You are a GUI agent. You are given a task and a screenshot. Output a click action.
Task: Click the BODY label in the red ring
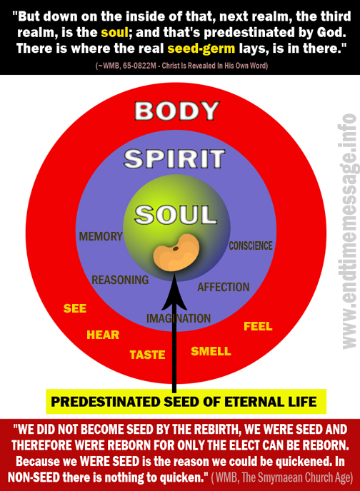click(x=177, y=111)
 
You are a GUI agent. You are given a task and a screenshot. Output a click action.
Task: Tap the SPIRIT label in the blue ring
click(x=174, y=158)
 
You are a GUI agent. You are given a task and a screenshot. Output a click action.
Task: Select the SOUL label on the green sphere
click(x=176, y=215)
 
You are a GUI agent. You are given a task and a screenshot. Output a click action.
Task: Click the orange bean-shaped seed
click(x=176, y=253)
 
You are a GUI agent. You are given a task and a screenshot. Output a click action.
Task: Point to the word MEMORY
click(x=101, y=236)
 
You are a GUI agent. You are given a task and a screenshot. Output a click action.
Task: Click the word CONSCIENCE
click(x=251, y=246)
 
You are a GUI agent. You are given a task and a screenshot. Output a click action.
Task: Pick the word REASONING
click(x=120, y=280)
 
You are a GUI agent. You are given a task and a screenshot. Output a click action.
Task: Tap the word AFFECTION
click(x=224, y=287)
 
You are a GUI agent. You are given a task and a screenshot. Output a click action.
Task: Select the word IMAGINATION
click(x=179, y=318)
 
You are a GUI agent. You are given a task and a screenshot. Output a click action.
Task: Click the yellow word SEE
click(x=75, y=308)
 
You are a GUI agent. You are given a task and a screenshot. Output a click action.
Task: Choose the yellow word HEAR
click(x=103, y=335)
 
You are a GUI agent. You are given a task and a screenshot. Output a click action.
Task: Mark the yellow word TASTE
click(x=147, y=355)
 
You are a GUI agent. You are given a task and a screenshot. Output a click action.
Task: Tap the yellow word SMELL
click(x=211, y=351)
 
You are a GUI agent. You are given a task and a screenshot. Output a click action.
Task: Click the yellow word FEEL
click(x=258, y=326)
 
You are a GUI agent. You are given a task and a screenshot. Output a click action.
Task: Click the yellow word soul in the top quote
click(x=115, y=32)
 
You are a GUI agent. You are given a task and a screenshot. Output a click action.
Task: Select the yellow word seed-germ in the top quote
click(x=201, y=49)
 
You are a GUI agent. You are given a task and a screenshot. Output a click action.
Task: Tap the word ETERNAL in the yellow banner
click(x=249, y=402)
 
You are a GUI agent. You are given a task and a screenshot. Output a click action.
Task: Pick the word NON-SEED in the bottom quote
click(x=34, y=477)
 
